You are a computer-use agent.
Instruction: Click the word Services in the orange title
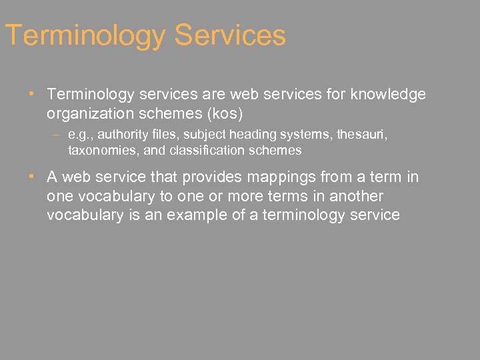click(x=230, y=35)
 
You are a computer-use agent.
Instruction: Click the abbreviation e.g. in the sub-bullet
click(x=81, y=135)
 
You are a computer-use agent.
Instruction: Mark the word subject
click(x=199, y=135)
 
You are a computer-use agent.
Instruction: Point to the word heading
click(x=249, y=135)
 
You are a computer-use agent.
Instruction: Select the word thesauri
click(x=361, y=135)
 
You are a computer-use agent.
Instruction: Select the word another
click(x=357, y=197)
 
